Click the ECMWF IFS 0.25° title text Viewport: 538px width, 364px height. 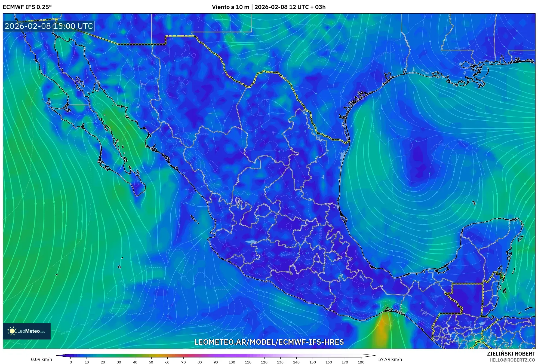coord(27,7)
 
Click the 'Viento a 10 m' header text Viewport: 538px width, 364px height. coord(230,7)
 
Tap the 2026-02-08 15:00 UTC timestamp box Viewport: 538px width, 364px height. coord(49,26)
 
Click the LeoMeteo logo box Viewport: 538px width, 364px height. coord(27,331)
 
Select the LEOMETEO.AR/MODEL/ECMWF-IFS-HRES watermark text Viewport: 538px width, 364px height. coord(269,342)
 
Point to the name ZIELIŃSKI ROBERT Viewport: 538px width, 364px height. coord(511,354)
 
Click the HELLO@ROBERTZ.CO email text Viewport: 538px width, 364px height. coord(512,360)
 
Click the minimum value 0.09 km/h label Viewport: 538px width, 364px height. coord(41,359)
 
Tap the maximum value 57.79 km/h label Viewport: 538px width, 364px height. coord(390,359)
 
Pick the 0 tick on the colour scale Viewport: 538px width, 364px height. coord(71,362)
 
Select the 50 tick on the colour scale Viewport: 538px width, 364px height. coord(151,362)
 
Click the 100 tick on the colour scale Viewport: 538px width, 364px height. coord(232,362)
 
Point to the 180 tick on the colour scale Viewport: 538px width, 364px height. coord(361,362)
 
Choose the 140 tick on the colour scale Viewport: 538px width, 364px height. coord(296,362)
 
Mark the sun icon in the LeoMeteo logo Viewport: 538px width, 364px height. coord(12,331)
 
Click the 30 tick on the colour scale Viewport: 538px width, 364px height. coord(119,362)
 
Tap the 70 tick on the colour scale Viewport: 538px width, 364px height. coord(183,362)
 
